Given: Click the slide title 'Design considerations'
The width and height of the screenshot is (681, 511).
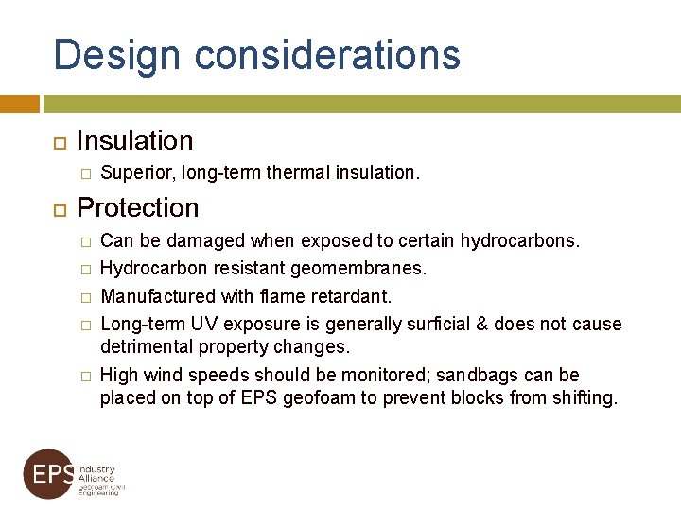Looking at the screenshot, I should (x=256, y=55).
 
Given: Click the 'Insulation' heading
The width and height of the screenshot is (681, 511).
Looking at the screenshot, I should (x=134, y=141).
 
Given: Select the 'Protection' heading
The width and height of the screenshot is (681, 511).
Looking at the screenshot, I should (x=137, y=207).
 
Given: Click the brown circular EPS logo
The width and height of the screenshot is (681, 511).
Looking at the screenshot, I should (x=49, y=474).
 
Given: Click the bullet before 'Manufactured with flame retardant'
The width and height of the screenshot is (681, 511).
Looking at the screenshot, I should (x=84, y=297).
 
